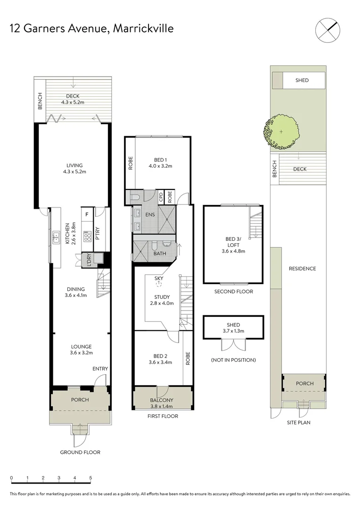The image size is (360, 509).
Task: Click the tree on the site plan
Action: pos(281,131)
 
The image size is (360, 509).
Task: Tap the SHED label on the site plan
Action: pos(302,80)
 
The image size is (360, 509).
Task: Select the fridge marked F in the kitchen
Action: pos(86,215)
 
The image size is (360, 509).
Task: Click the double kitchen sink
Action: pos(55,234)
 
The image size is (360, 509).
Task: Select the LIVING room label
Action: pos(74,165)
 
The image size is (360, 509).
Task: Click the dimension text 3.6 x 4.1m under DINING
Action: pos(75,296)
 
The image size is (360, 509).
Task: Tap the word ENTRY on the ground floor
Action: pos(100,369)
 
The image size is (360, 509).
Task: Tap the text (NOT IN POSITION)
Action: pos(233,360)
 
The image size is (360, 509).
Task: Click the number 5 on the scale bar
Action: pos(91,478)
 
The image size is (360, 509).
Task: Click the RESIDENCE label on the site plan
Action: pos(302,269)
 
